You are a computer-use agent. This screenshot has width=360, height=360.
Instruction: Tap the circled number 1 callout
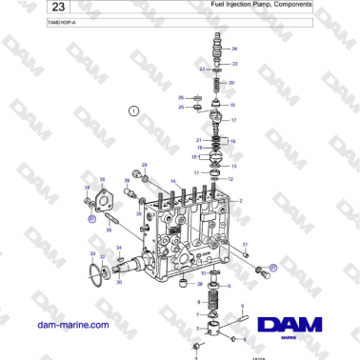[134, 111]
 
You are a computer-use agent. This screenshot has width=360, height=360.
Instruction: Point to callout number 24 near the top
[235, 48]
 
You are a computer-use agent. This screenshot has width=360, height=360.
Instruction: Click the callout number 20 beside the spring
[232, 83]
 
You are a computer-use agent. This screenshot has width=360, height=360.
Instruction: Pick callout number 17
[234, 121]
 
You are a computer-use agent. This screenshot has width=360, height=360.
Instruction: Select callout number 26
[181, 97]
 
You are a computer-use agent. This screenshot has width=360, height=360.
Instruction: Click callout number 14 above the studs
[172, 181]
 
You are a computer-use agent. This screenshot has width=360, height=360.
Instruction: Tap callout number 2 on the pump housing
[240, 200]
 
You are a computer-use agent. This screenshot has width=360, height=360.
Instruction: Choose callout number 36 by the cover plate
[102, 179]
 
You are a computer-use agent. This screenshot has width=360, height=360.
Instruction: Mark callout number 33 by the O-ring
[92, 254]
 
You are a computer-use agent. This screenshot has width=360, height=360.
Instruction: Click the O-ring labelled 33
[93, 273]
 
